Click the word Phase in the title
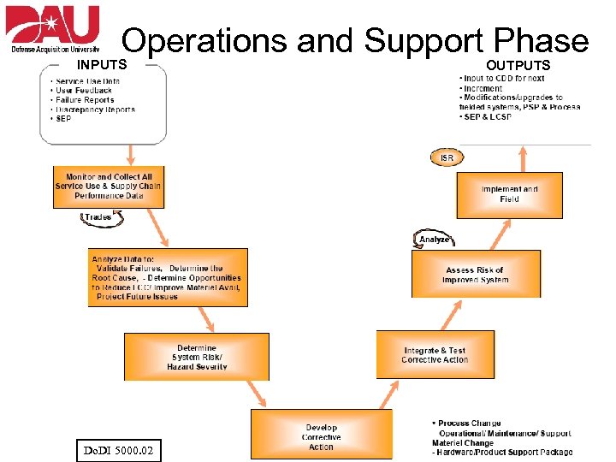(x=542, y=41)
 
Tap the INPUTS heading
(x=102, y=64)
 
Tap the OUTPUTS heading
(x=518, y=65)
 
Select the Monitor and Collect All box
(x=107, y=187)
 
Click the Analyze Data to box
(x=169, y=277)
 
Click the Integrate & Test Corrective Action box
(x=435, y=355)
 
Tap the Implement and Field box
(x=510, y=194)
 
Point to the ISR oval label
(x=447, y=157)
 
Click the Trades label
(x=98, y=217)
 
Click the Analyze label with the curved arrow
(x=435, y=240)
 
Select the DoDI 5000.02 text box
(x=117, y=448)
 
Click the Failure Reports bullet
(x=86, y=100)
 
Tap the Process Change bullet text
(x=469, y=423)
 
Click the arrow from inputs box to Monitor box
(x=131, y=154)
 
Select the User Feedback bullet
(x=84, y=91)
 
